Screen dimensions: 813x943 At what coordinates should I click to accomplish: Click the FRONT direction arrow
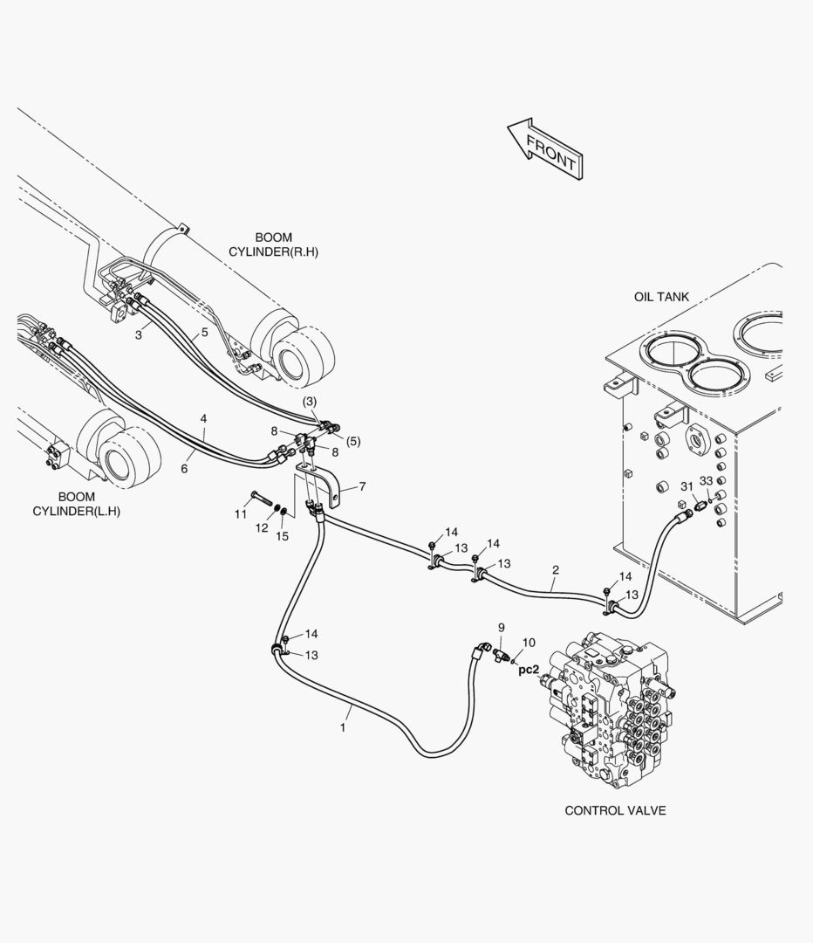(x=545, y=148)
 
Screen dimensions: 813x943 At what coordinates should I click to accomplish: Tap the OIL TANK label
(x=661, y=297)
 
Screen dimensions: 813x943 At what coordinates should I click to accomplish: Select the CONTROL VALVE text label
(x=615, y=810)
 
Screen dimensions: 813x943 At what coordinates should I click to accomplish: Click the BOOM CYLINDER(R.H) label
(x=273, y=244)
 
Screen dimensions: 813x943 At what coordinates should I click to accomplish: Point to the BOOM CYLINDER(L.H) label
(x=76, y=504)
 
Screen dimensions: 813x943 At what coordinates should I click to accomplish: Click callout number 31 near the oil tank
(x=687, y=486)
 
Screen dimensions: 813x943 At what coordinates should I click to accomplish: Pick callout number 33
(x=706, y=481)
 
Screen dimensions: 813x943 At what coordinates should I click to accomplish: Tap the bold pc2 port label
(x=529, y=670)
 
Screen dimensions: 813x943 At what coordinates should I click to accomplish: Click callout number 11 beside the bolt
(x=241, y=514)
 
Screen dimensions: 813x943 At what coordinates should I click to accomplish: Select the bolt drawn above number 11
(x=259, y=499)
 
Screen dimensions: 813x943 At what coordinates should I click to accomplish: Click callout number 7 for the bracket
(x=362, y=486)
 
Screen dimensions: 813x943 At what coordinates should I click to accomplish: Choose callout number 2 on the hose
(x=556, y=569)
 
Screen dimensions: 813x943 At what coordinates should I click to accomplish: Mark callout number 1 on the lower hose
(x=343, y=727)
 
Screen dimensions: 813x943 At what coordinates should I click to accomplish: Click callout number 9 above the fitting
(x=502, y=628)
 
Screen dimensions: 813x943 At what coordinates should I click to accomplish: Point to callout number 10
(x=528, y=643)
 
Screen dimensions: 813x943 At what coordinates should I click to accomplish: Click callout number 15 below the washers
(x=282, y=536)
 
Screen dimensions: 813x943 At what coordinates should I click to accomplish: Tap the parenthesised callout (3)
(x=310, y=401)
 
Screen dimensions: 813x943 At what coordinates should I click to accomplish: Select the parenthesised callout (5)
(x=353, y=442)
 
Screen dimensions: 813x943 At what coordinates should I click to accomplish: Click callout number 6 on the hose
(x=184, y=469)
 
